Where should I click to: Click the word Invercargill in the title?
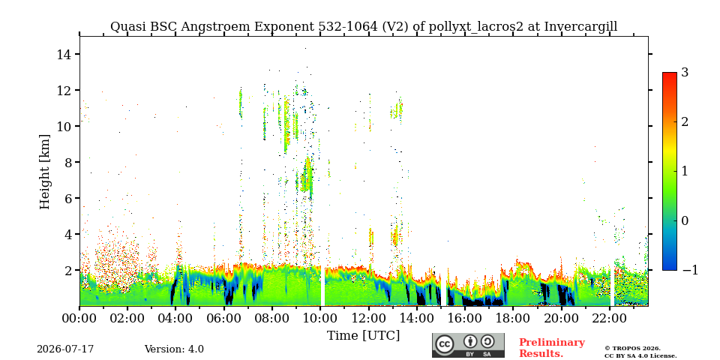[580, 27]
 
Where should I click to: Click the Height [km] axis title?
[44, 172]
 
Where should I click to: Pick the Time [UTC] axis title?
[363, 336]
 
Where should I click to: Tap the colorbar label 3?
[685, 73]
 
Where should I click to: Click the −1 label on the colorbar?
[690, 270]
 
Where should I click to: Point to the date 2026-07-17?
[65, 349]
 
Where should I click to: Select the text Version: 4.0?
[174, 349]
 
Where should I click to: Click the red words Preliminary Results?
[552, 348]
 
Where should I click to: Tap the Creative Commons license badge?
[468, 345]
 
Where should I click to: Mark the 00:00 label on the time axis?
[79, 317]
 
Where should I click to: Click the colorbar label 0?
[685, 220]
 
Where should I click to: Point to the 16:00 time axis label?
[465, 317]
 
